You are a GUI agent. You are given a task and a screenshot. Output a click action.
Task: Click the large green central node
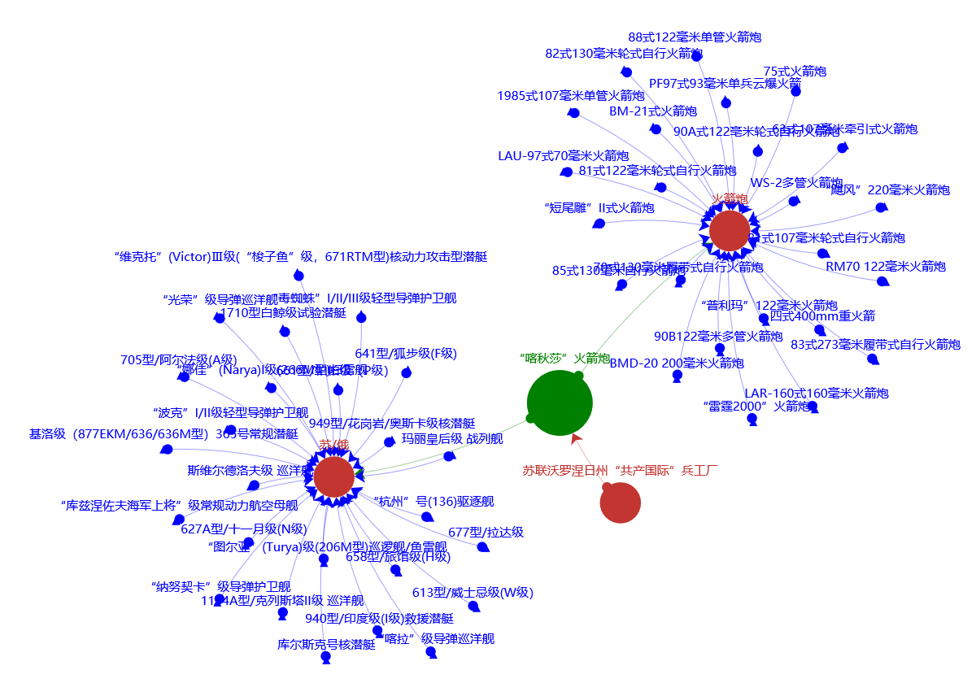tap(560, 402)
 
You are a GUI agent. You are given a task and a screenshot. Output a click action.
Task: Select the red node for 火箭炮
tap(730, 230)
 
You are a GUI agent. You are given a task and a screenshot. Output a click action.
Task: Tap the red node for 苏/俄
tap(333, 476)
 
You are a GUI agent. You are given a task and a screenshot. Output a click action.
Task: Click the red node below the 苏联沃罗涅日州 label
tap(621, 502)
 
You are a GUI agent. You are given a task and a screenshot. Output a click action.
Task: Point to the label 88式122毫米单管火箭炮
tap(695, 37)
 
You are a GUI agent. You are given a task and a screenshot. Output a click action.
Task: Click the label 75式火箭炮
tap(795, 72)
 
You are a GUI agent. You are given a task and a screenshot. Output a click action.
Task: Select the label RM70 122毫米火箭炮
tap(886, 267)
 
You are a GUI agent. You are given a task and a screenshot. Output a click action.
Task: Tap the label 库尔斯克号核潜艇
tap(326, 645)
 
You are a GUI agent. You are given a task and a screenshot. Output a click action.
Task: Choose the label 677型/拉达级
tap(486, 533)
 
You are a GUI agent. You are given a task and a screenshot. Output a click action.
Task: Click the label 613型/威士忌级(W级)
tap(473, 593)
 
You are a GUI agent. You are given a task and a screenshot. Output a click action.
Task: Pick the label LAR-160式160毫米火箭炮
tap(817, 394)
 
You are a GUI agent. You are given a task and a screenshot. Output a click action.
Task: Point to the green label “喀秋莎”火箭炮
tap(564, 358)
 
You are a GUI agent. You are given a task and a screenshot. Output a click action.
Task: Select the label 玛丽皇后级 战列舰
tap(452, 439)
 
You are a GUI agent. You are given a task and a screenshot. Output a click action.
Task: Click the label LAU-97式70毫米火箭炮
tap(563, 156)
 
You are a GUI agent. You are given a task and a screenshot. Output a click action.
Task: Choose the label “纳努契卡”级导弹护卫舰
tap(220, 586)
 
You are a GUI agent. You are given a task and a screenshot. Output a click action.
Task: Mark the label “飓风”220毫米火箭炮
tap(890, 190)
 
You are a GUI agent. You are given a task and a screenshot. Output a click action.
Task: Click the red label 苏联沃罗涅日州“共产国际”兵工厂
tap(620, 470)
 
